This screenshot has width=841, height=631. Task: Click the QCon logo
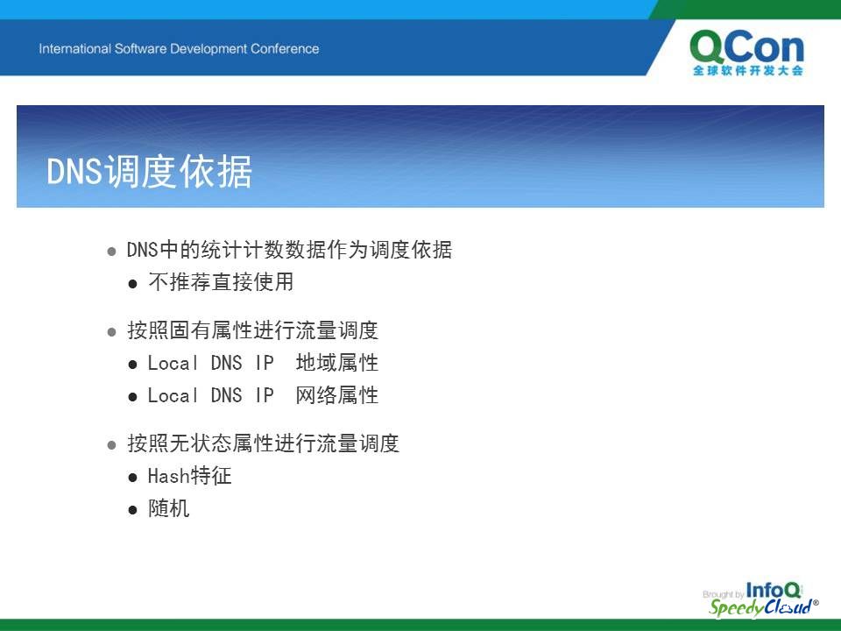coord(747,53)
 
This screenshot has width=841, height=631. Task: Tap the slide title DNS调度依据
coord(149,172)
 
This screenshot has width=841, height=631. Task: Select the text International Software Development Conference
coord(179,49)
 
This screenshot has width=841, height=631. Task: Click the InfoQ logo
coord(773,590)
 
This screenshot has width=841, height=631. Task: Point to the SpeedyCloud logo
coord(763,606)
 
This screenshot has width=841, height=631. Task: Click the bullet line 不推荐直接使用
coord(221,282)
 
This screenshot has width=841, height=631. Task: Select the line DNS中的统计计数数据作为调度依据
coord(290,250)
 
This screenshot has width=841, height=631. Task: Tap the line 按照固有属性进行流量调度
coord(252,330)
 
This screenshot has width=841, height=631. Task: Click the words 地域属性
coord(336,363)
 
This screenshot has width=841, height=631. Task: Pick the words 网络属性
coord(336,395)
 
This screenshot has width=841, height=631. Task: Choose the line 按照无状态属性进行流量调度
coord(264,443)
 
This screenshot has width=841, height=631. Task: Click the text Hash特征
coord(190,476)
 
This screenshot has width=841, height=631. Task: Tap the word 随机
coord(169,508)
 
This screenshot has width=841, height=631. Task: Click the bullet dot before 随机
coord(133,509)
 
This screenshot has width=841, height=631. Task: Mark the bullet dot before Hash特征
coord(133,477)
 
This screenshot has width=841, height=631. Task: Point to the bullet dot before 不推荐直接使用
coord(133,284)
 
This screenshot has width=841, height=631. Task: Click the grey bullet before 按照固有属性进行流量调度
coord(111,332)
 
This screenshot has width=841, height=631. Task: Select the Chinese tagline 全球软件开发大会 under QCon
coord(747,70)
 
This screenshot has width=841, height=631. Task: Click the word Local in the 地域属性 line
coord(173,363)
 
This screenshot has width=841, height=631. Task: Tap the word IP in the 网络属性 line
coord(265,396)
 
